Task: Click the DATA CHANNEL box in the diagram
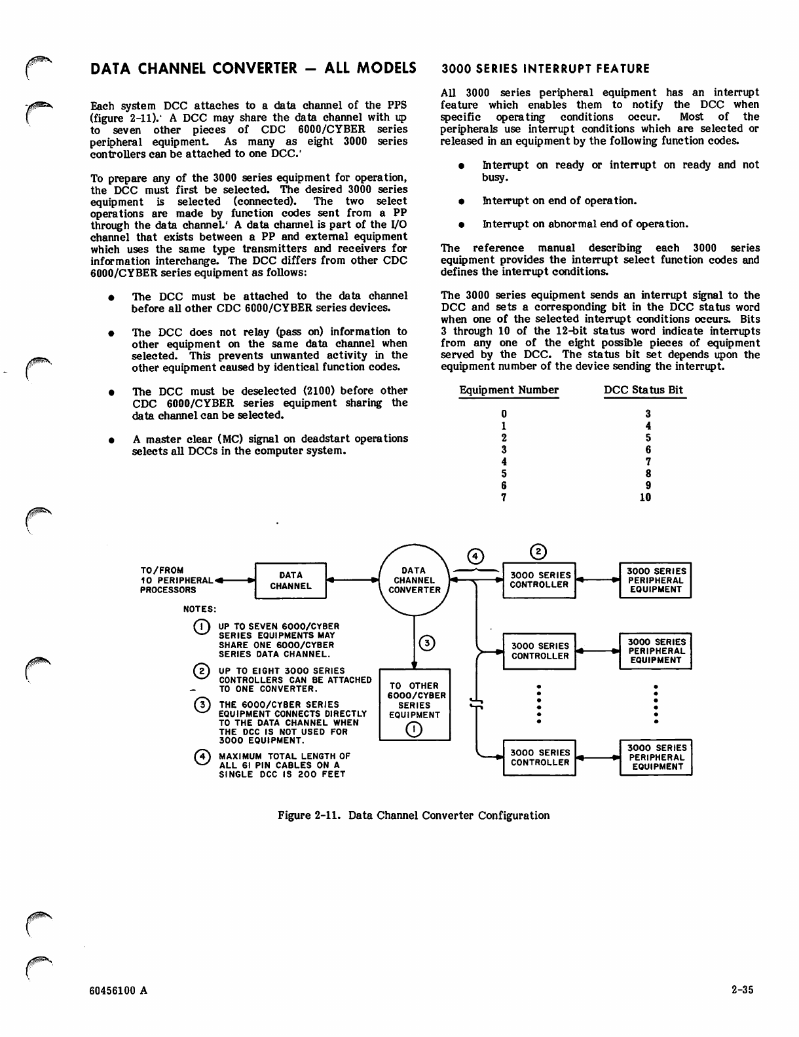click(290, 581)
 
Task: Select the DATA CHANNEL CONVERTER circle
click(415, 580)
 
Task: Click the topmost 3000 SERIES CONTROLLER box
click(539, 580)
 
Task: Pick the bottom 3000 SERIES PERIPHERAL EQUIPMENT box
click(656, 757)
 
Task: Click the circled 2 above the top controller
click(538, 551)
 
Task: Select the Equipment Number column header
click(509, 390)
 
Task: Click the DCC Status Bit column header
click(643, 390)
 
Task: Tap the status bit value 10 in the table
click(645, 497)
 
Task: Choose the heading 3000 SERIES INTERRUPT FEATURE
click(546, 69)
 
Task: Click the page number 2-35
click(743, 990)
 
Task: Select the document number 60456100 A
click(119, 990)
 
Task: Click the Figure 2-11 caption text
click(414, 815)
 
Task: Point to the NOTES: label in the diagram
click(200, 609)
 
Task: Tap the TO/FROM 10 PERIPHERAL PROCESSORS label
click(176, 580)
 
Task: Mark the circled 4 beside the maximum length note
click(202, 757)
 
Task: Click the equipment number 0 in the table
click(503, 414)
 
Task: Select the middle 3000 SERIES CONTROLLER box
click(539, 651)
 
